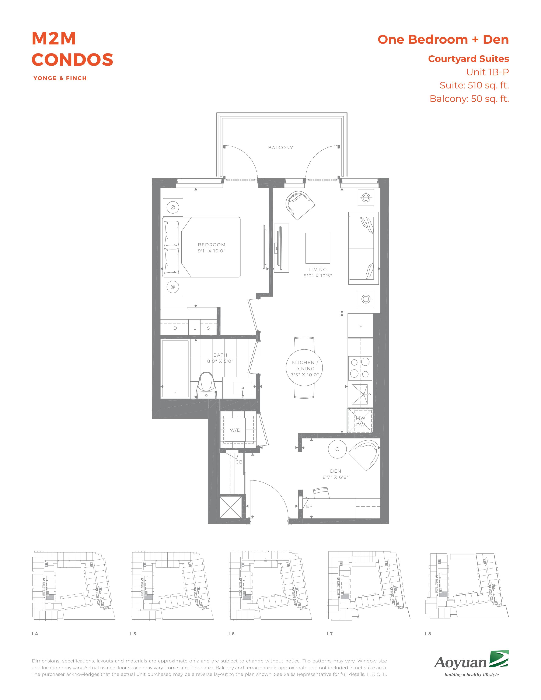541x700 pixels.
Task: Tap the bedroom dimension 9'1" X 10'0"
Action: [x=212, y=251]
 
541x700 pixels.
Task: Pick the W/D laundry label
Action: [x=235, y=430]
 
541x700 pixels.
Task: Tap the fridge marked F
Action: [x=360, y=326]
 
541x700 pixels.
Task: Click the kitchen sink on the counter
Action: [x=360, y=395]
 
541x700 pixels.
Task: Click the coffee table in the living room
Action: [x=318, y=248]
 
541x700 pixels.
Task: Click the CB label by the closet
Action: [x=239, y=462]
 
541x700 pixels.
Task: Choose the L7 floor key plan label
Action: [x=330, y=634]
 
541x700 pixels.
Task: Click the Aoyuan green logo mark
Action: [x=499, y=660]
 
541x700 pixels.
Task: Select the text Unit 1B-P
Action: [x=488, y=72]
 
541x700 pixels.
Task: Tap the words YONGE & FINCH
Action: [x=60, y=78]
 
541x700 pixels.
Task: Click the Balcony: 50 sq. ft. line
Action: [x=469, y=99]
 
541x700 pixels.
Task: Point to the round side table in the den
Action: [x=337, y=449]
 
